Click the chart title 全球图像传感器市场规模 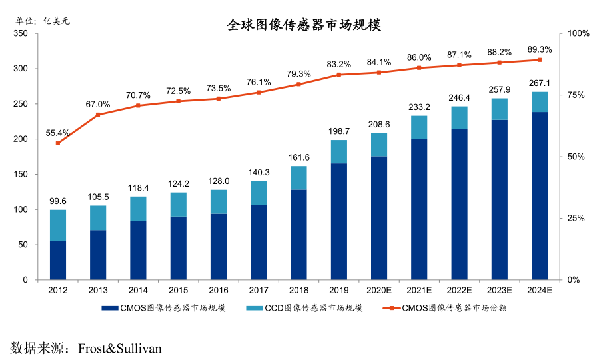tap(304, 25)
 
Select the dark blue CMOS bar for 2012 tap(58, 260)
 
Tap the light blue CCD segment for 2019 tap(338, 151)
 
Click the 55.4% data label tap(58, 133)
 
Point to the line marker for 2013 tap(98, 115)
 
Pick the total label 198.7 tap(338, 131)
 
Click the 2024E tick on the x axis tap(539, 290)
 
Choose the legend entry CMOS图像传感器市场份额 tap(440, 308)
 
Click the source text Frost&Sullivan tap(120, 348)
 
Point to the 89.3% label tap(539, 49)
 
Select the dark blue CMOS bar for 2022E tap(459, 204)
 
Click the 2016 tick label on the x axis tap(218, 290)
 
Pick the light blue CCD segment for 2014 tap(138, 209)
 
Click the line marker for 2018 tap(298, 84)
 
